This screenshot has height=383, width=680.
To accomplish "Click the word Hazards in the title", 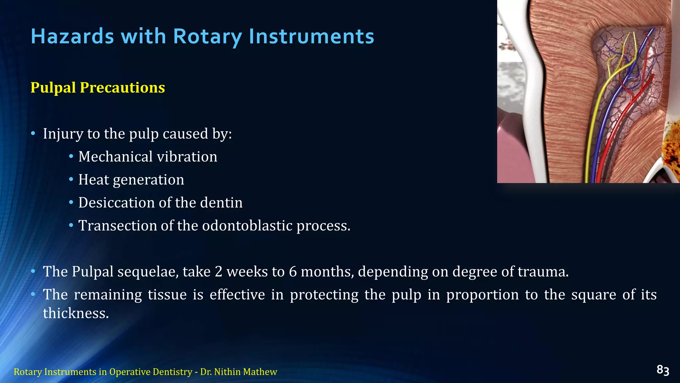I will [x=72, y=36].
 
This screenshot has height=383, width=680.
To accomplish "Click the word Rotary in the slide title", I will [x=208, y=36].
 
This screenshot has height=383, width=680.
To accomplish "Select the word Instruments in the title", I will [x=311, y=36].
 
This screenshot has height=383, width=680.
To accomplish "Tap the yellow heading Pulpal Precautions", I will [x=98, y=88].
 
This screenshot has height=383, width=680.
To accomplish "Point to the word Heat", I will [x=93, y=180].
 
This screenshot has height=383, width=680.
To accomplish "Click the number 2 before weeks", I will [x=218, y=272].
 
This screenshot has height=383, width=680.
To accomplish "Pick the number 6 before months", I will [x=293, y=272].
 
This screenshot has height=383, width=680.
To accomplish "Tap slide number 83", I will [x=662, y=370].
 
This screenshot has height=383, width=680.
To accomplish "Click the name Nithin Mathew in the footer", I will [x=245, y=372].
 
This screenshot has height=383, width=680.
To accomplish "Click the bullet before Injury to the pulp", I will [x=33, y=134].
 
